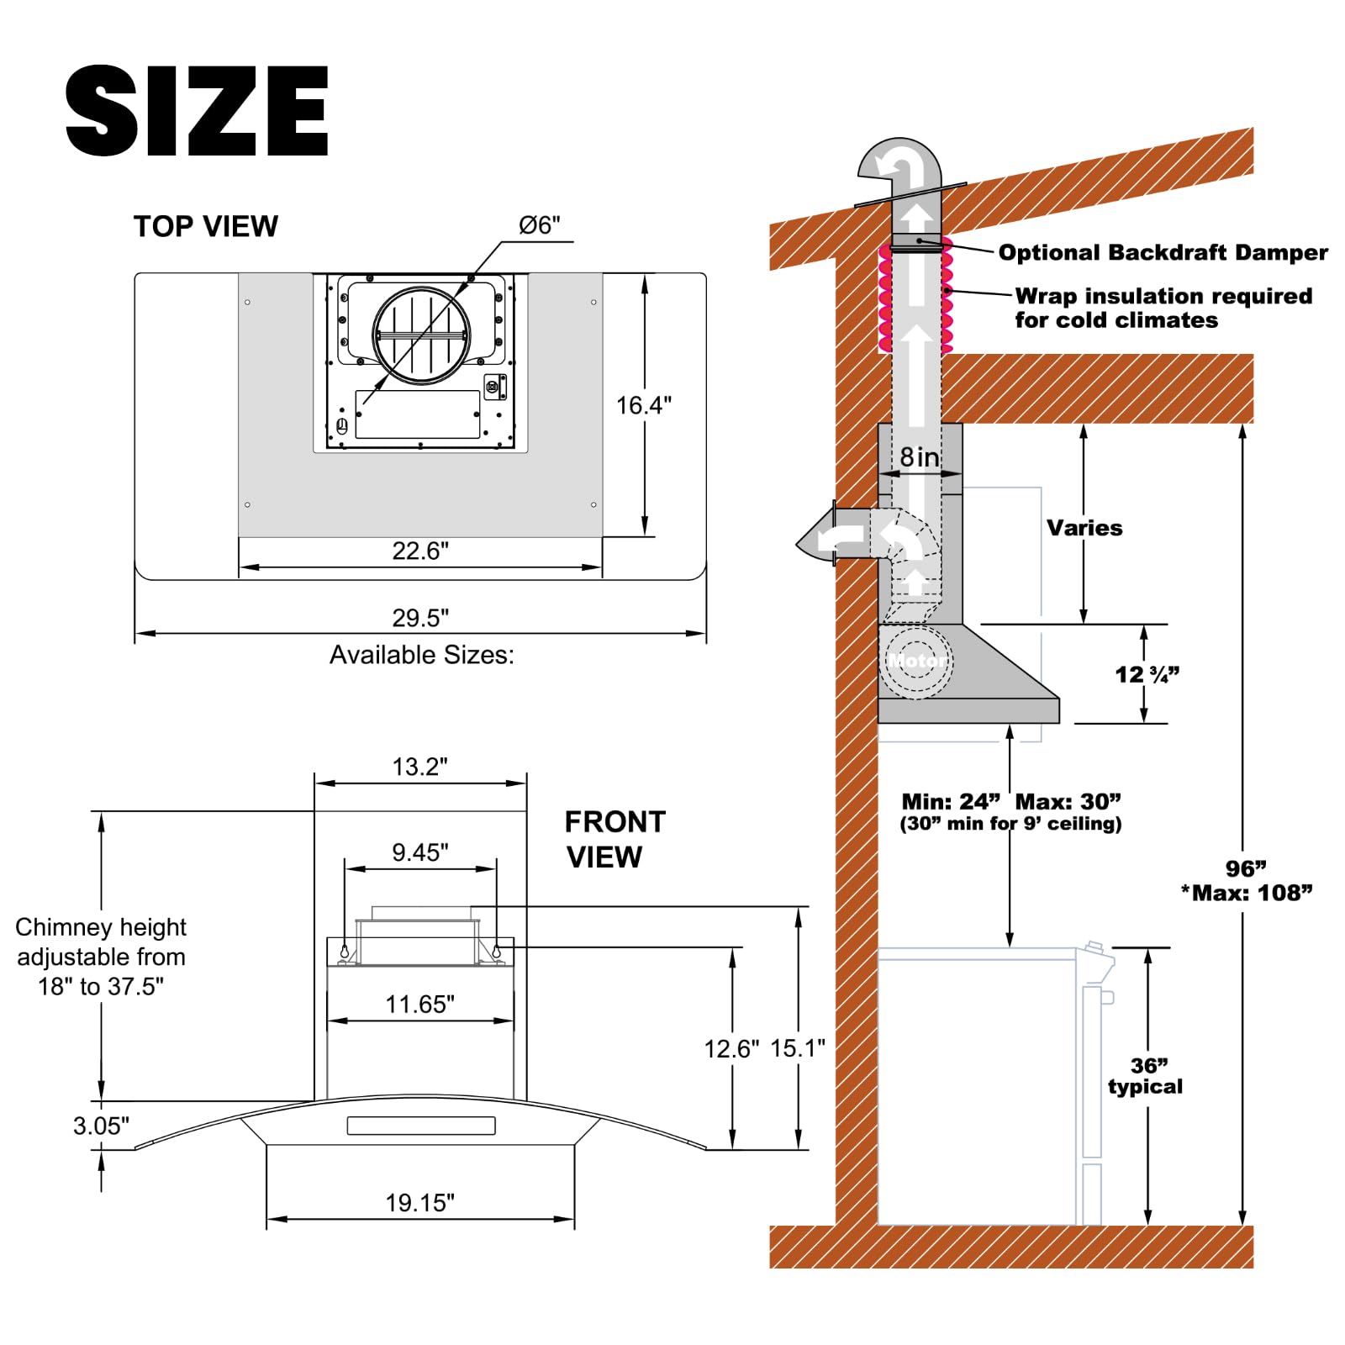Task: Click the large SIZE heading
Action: (x=197, y=110)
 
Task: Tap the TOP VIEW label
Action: (x=205, y=227)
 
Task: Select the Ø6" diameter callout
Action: (x=539, y=225)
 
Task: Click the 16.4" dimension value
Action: (x=644, y=405)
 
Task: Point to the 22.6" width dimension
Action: (x=420, y=551)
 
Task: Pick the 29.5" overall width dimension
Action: (x=420, y=618)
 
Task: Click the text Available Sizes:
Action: (x=421, y=655)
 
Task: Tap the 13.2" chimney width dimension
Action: (x=420, y=767)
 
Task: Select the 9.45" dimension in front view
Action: (x=420, y=852)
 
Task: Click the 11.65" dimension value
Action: (x=419, y=1004)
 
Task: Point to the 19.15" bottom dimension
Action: (x=419, y=1203)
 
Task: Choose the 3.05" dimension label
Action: (x=101, y=1126)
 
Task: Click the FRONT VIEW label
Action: (x=614, y=840)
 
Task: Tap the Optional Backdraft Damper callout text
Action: (x=1163, y=253)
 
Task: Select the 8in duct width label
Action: (x=920, y=457)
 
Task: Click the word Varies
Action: (x=1084, y=528)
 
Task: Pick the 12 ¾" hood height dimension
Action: (x=1147, y=674)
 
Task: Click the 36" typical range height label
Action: (x=1145, y=1076)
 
